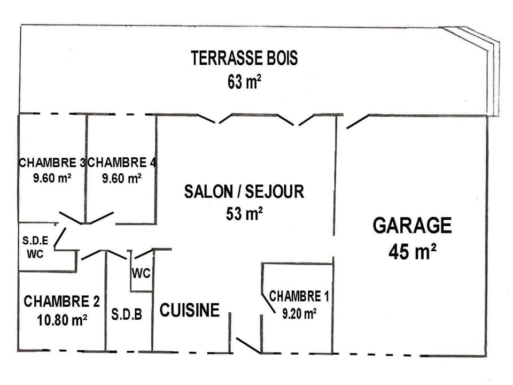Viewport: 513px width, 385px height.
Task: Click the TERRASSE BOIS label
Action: (x=244, y=58)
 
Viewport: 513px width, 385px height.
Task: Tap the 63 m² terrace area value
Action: (x=244, y=82)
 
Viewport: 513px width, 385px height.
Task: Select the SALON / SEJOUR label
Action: (x=244, y=191)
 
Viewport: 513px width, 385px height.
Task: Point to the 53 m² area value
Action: (x=244, y=214)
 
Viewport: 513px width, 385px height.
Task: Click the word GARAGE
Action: (x=412, y=226)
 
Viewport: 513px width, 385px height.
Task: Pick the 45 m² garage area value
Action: (x=412, y=251)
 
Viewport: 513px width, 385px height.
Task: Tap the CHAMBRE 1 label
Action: (x=299, y=296)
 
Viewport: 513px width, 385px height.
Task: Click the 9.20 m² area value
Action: (x=299, y=314)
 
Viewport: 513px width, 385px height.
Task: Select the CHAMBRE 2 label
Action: (x=61, y=302)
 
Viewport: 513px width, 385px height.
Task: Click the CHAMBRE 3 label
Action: (x=52, y=163)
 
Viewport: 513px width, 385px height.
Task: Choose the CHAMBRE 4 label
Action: (x=122, y=163)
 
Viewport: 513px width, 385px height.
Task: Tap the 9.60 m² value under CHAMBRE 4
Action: (x=122, y=178)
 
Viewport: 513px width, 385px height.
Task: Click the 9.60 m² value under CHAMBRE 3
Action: (x=52, y=178)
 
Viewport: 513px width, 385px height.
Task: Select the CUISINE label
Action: (x=190, y=310)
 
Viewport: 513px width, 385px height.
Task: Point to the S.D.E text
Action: (x=35, y=241)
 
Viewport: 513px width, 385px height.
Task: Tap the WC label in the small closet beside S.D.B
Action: (x=142, y=274)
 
